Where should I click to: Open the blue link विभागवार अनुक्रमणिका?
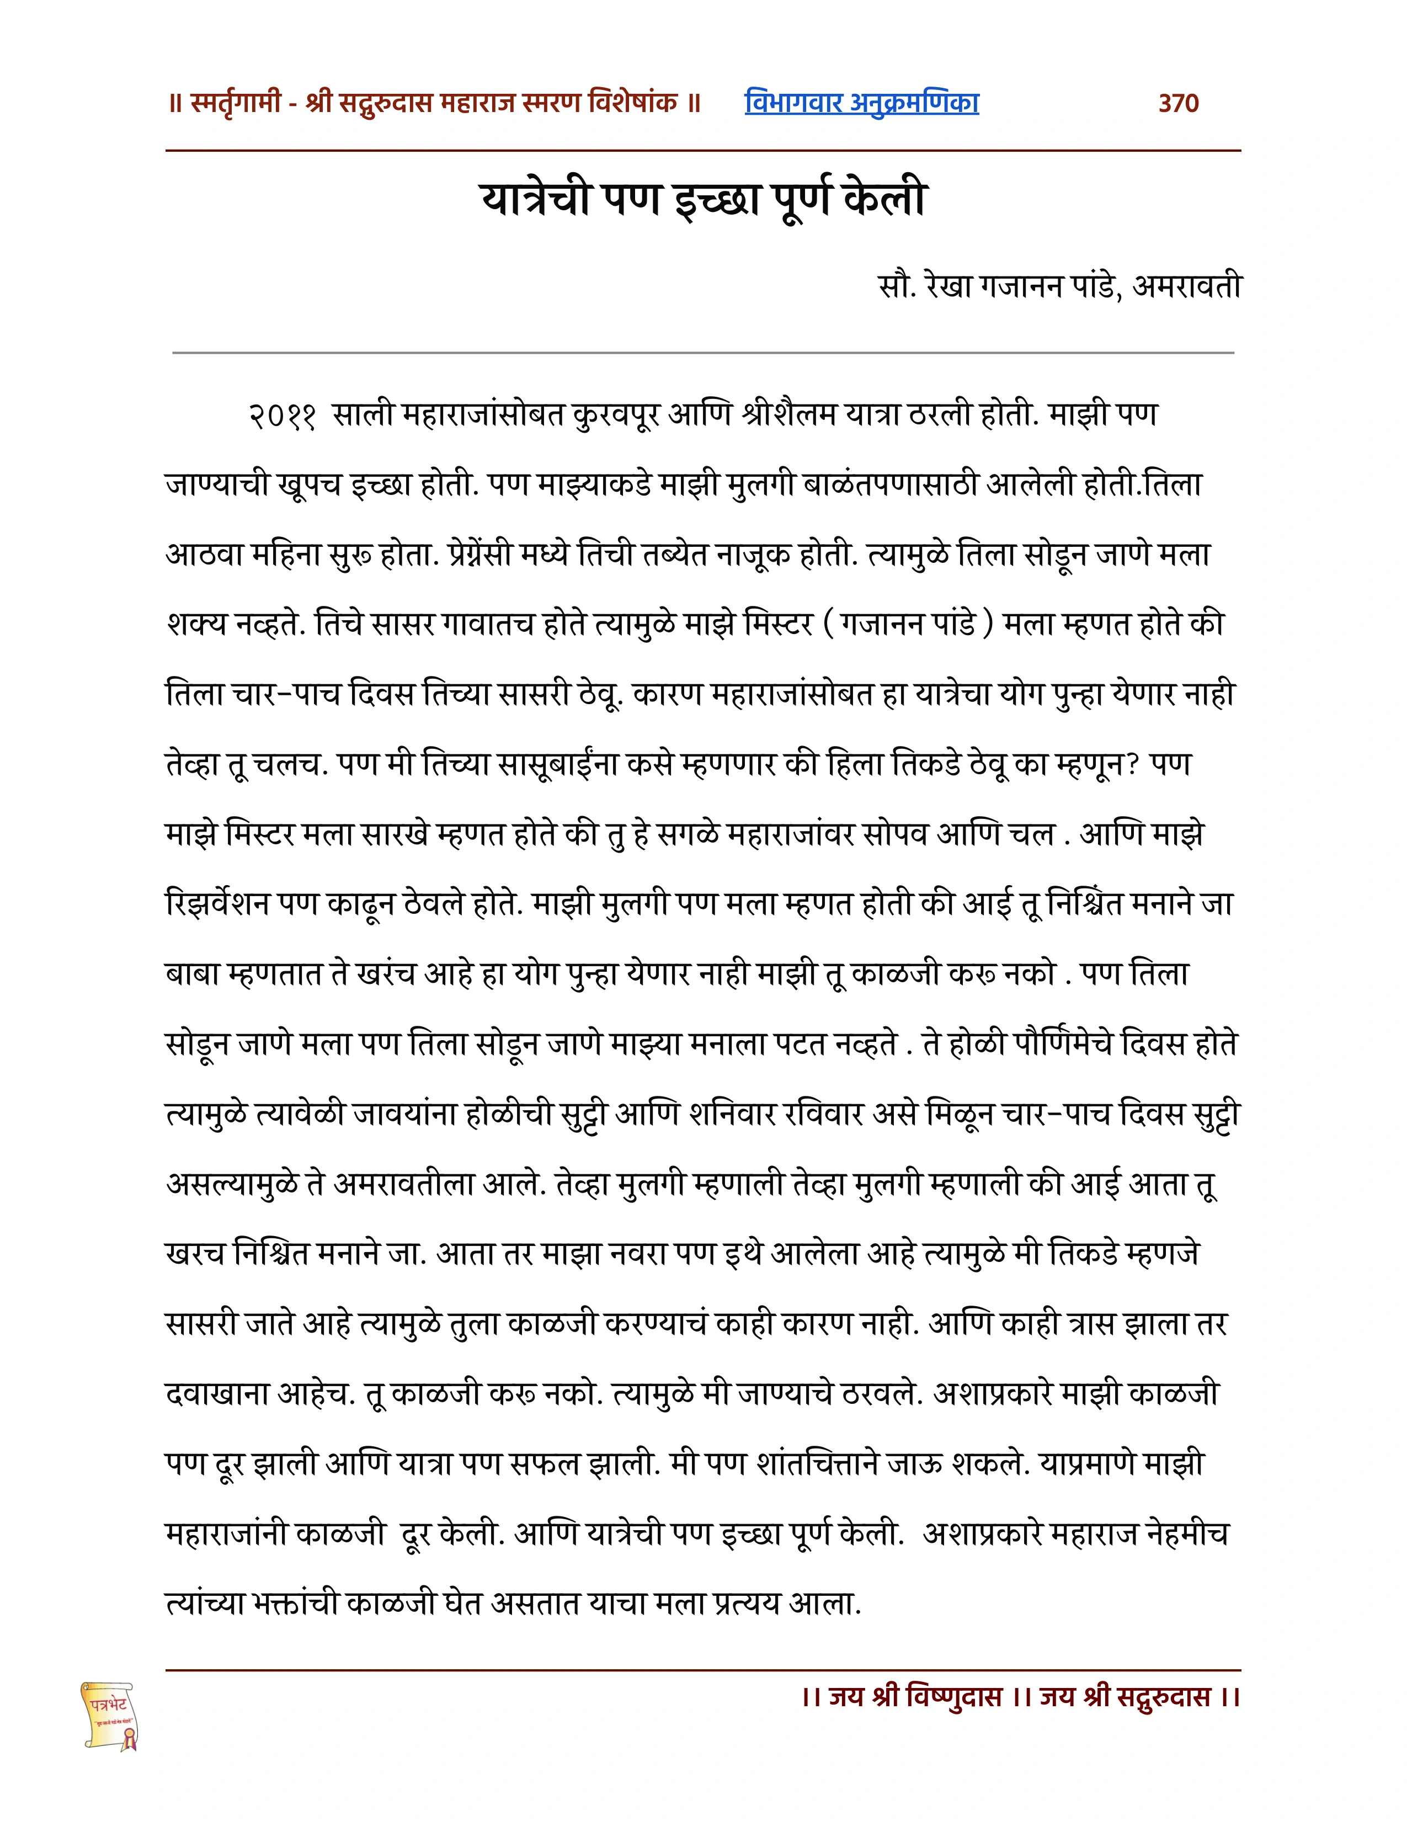coord(861,103)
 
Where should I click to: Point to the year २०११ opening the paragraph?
coord(282,415)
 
